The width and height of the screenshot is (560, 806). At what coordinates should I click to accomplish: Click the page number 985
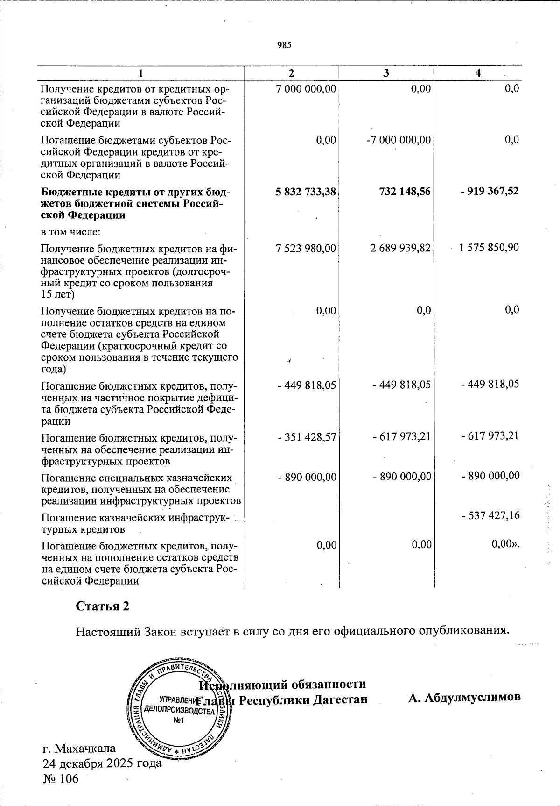[284, 45]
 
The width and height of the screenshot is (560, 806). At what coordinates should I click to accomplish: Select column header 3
[386, 73]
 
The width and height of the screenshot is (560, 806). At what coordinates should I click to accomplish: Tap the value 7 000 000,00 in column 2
[306, 88]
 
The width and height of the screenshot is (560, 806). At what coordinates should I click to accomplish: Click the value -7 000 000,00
[399, 140]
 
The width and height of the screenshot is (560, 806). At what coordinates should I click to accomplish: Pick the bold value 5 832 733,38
[306, 192]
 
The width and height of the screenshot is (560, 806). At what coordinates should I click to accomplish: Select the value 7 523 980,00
[306, 248]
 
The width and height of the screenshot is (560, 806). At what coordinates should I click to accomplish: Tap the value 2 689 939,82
[400, 248]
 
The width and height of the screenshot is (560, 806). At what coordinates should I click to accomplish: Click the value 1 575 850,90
[489, 248]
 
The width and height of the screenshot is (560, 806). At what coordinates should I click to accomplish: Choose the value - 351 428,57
[307, 436]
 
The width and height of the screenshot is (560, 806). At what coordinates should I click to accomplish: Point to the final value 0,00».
[506, 544]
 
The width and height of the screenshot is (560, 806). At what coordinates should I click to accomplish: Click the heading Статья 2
[103, 606]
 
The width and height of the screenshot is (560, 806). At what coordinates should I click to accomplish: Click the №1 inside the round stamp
[179, 720]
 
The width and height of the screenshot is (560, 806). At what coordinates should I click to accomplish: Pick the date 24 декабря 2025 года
[102, 763]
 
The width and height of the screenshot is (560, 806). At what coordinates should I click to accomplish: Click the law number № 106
[61, 778]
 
